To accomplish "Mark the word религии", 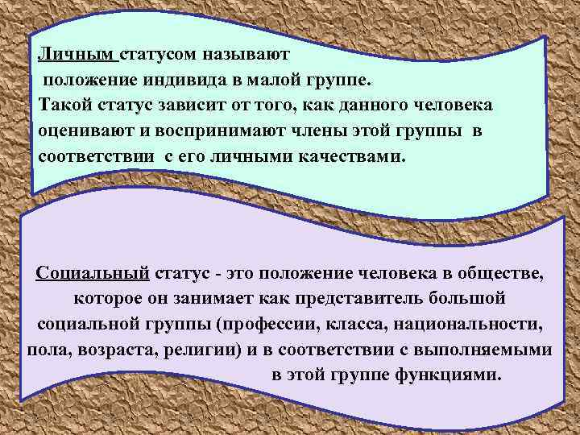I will (215, 350).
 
